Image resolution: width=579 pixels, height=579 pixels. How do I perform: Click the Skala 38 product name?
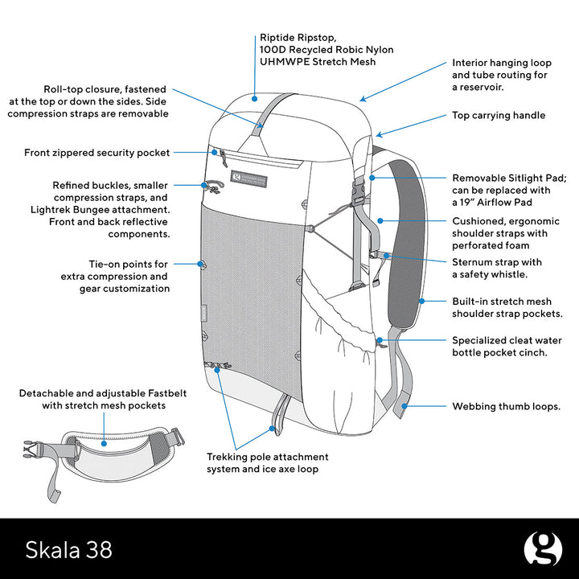(x=69, y=549)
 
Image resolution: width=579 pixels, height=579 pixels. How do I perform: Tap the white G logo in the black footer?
(x=543, y=549)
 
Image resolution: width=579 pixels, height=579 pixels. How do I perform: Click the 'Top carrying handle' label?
(x=499, y=116)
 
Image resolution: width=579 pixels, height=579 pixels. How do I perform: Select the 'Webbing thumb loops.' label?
(x=506, y=407)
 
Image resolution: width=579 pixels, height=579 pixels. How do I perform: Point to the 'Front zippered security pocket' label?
(x=96, y=152)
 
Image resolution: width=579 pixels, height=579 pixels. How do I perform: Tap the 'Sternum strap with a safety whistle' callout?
(x=496, y=269)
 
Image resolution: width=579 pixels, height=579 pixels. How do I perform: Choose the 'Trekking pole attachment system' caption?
(x=267, y=462)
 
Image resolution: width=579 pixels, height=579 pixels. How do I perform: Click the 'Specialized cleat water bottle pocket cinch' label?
(x=507, y=347)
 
